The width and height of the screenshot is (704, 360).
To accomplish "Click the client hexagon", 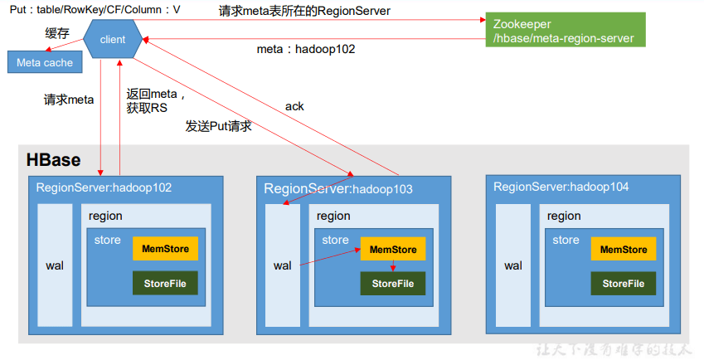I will click(113, 40).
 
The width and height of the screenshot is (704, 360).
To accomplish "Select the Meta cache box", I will click(45, 62).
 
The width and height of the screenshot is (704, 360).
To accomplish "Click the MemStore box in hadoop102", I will click(165, 248).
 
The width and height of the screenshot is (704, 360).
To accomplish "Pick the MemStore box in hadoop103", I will click(392, 249).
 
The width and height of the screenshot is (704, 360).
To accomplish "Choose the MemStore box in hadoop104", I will click(624, 249).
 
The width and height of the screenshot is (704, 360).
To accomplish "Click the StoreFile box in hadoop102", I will click(165, 283).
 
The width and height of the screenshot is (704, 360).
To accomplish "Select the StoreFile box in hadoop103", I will click(392, 284).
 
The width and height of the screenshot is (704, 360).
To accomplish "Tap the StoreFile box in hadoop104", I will click(624, 284).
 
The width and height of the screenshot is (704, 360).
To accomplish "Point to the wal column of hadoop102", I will click(55, 265).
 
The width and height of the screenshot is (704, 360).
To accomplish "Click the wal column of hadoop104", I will click(513, 265).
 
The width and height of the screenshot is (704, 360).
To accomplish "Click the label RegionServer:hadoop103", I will click(338, 189).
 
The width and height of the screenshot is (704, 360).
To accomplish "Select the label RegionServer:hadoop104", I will click(561, 187).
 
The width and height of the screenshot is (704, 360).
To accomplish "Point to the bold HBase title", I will click(53, 159).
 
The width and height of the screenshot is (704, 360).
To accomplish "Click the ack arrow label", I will click(294, 106).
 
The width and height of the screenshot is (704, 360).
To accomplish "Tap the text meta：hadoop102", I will click(306, 49).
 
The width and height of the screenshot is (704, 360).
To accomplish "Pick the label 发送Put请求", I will click(218, 127).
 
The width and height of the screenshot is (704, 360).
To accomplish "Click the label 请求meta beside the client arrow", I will click(69, 100).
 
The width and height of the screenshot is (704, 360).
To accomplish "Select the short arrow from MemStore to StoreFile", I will click(392, 266).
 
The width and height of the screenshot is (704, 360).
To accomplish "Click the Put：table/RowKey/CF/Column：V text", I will click(95, 9).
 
